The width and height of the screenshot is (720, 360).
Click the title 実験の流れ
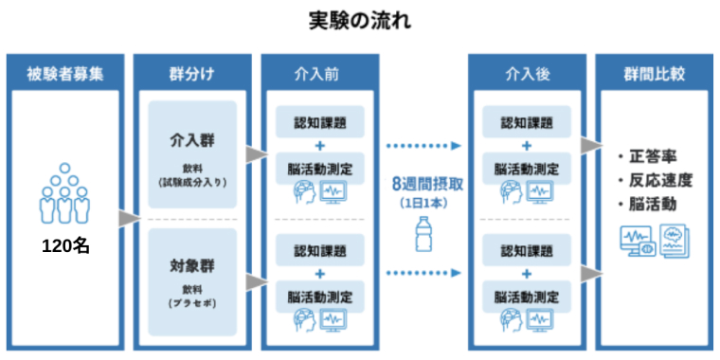point(360,20)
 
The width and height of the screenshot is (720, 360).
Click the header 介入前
point(319,73)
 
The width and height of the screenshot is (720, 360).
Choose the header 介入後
point(527,73)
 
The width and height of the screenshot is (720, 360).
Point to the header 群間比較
point(653,73)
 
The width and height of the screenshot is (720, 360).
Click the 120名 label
point(65,246)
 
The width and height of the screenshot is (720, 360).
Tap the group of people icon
point(64,194)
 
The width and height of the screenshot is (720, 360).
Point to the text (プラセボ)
point(192,300)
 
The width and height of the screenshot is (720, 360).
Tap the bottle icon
point(423,233)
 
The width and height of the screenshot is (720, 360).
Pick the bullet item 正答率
point(653,155)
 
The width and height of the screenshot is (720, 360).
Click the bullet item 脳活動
point(653,203)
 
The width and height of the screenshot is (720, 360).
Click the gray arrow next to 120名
point(124,220)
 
